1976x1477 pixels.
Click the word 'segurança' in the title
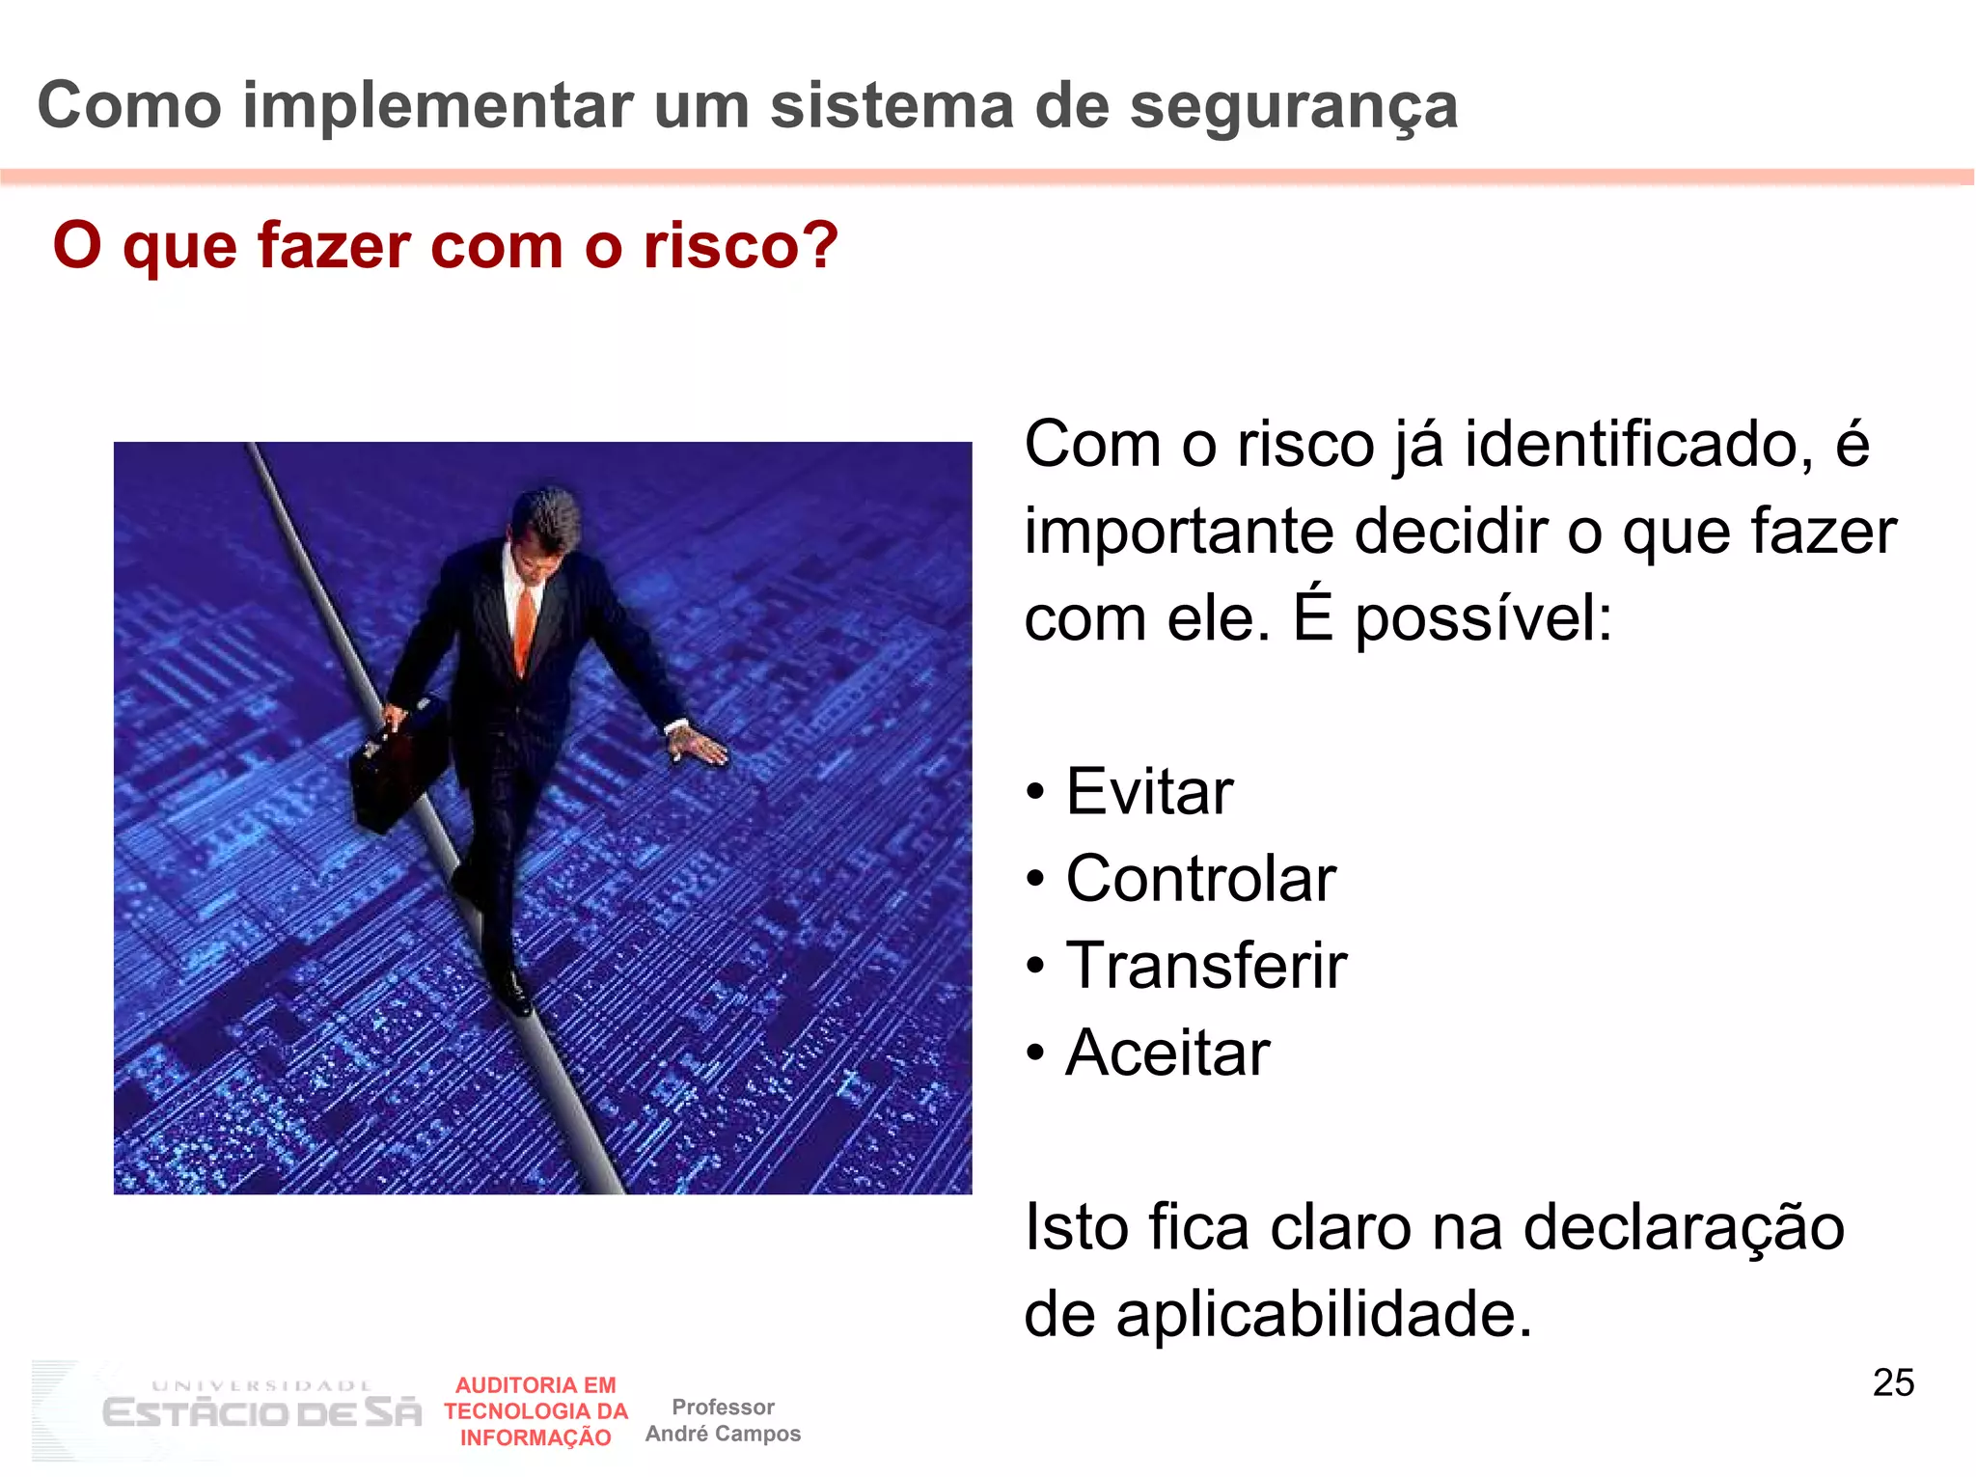[x=1293, y=106]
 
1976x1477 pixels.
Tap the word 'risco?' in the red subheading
[x=740, y=246]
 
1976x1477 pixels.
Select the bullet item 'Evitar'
[x=1148, y=792]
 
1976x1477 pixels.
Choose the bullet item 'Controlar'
[x=1200, y=879]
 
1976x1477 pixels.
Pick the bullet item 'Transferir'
[x=1205, y=966]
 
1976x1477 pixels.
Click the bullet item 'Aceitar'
[x=1166, y=1053]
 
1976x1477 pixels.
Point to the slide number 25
[x=1893, y=1382]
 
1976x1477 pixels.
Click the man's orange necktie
[x=525, y=627]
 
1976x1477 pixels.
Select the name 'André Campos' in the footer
[x=723, y=1434]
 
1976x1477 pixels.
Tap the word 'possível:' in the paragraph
[x=1483, y=618]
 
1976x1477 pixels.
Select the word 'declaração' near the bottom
[x=1683, y=1227]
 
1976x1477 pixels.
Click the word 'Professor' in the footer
[x=723, y=1407]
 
